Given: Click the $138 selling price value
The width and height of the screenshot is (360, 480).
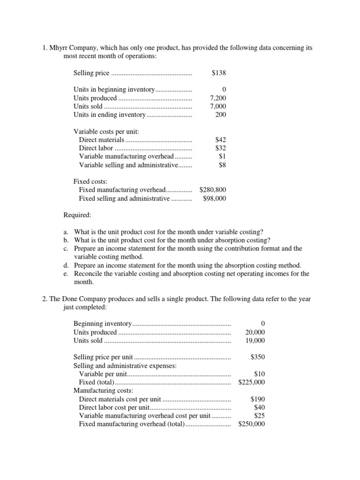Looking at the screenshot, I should [x=219, y=73].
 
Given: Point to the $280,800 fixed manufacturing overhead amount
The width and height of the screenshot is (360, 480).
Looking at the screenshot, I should [x=213, y=190].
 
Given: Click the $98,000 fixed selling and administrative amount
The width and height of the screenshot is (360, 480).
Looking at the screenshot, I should [x=215, y=198].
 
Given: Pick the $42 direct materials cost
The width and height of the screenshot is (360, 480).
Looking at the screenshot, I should [x=220, y=140].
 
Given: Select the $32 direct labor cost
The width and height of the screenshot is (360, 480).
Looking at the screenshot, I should [x=220, y=148].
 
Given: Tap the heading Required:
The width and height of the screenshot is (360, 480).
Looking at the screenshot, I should [x=78, y=216].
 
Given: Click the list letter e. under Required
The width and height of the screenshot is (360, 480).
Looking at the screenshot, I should [x=66, y=274].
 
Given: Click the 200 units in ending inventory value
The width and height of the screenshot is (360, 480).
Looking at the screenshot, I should [x=221, y=115].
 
